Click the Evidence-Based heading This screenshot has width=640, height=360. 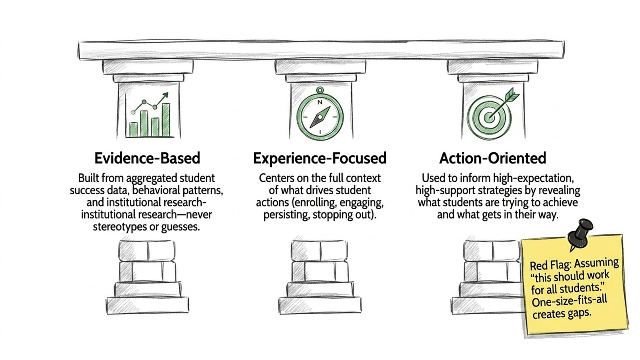click(x=147, y=158)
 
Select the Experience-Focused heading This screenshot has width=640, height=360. click(x=320, y=158)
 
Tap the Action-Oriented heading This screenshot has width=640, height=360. click(x=493, y=158)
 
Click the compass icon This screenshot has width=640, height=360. click(x=320, y=114)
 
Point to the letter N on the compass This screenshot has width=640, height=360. click(x=320, y=102)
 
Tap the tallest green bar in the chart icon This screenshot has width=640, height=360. click(x=166, y=120)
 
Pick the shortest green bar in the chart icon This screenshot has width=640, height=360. click(x=133, y=129)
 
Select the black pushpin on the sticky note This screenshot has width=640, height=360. click(x=579, y=234)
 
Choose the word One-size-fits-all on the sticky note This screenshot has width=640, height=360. click(x=569, y=302)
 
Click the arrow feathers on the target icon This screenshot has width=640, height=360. click(x=512, y=94)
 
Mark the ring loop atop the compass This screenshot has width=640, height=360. click(x=320, y=91)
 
